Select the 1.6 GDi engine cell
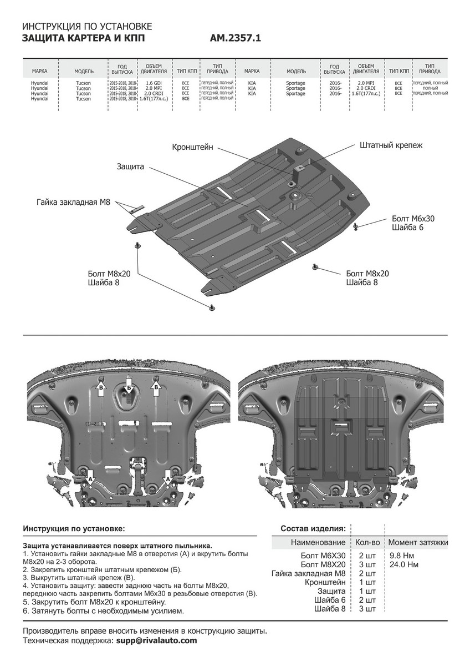pos(154,83)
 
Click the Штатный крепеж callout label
pos(391,145)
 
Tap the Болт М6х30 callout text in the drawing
pos(413,219)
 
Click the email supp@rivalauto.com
pos(156,640)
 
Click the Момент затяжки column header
pos(418,542)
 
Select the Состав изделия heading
pos(313,528)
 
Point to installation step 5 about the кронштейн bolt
pos(95,602)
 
